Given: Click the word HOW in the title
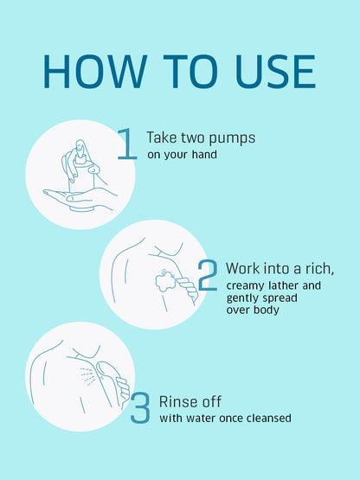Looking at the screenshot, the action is [95, 72].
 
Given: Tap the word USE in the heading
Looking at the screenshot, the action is [275, 72].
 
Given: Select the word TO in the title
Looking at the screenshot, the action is [190, 72].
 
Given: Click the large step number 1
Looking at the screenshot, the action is [127, 144].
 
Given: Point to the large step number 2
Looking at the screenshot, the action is [208, 275].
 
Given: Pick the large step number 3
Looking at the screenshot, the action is [140, 408].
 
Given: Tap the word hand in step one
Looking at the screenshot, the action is [204, 154].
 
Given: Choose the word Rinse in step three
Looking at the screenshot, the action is [177, 401].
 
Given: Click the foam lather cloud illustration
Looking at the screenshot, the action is [165, 280].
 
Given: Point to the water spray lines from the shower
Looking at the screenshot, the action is [87, 376].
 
